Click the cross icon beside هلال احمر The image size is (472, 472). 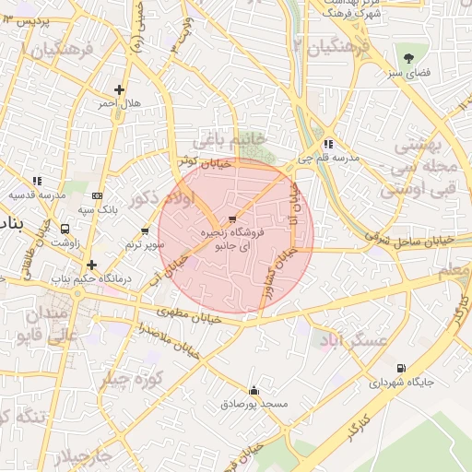click(x=118, y=89)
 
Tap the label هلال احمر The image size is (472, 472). click(x=120, y=103)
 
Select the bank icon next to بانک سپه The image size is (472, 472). click(x=97, y=195)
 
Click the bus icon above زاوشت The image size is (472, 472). click(x=65, y=229)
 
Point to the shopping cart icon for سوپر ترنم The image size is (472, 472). click(x=145, y=230)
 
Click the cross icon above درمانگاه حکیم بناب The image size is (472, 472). click(x=91, y=265)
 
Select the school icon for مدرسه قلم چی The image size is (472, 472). click(x=328, y=144)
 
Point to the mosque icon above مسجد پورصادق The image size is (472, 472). click(x=254, y=390)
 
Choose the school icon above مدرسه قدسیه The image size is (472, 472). click(x=37, y=182)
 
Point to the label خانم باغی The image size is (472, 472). click(x=231, y=138)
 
